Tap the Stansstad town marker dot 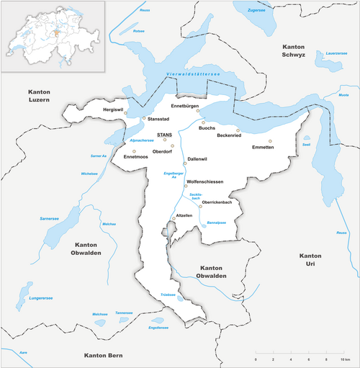click(x=143, y=118)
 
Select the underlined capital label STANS click(x=165, y=134)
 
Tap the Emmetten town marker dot click(x=271, y=141)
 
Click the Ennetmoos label click(x=136, y=156)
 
